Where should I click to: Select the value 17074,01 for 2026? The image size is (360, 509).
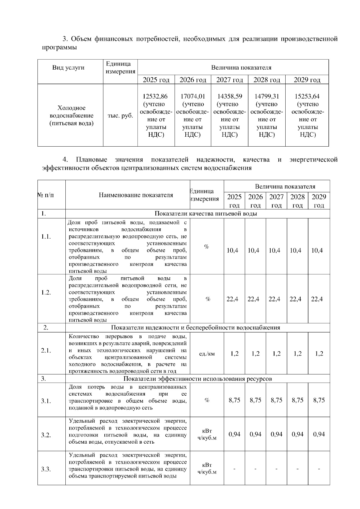point(193,97)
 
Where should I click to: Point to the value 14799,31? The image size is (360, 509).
point(267,97)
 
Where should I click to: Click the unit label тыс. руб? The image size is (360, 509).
point(120,116)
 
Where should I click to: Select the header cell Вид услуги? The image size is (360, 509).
point(68,67)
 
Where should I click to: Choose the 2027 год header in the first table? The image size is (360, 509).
point(229,80)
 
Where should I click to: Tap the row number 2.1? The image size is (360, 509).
point(46,350)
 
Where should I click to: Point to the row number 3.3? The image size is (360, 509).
point(46,469)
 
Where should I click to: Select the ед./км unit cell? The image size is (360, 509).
point(207,354)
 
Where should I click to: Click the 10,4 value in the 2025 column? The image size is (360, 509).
point(232,251)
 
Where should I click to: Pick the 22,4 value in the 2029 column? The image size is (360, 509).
point(317,299)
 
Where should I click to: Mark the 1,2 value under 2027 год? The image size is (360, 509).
point(276,354)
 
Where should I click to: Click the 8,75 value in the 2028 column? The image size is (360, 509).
point(297,400)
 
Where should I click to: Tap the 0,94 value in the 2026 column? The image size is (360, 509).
point(255,434)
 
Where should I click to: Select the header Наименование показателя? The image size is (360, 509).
point(136,195)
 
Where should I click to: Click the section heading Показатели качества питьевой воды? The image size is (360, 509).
point(205,214)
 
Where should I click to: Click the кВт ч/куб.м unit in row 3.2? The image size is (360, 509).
point(207,434)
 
